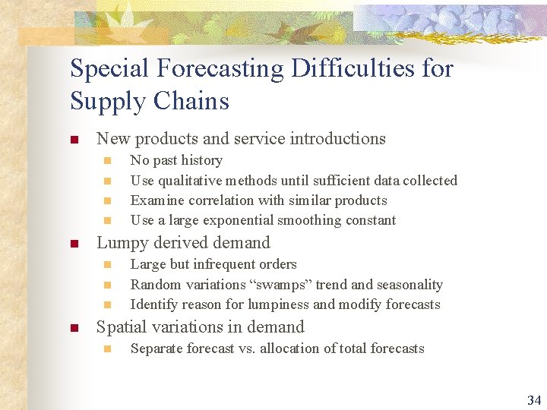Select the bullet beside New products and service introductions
point(74,140)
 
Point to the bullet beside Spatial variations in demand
point(74,328)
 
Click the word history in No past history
point(200,160)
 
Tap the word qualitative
point(191,181)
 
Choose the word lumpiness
point(277,304)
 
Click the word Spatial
point(121,327)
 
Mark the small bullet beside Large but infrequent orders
point(107,265)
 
